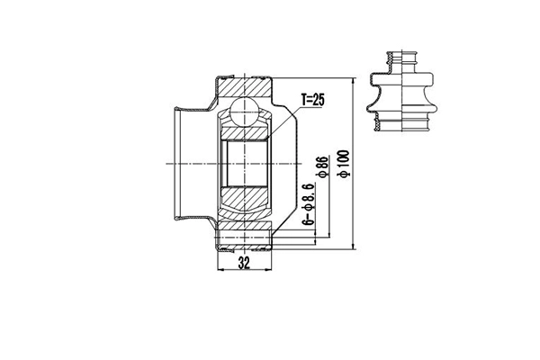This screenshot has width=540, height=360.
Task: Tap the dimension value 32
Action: click(245, 263)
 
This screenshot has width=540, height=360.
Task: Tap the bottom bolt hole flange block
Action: click(245, 238)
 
